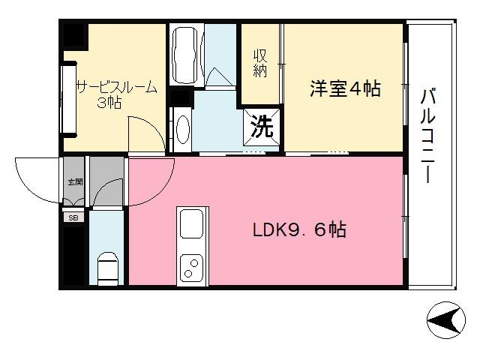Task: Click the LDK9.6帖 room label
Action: tap(298, 230)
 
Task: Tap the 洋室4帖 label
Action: tap(345, 89)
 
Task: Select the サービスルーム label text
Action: tap(116, 87)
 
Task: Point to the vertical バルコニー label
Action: tap(429, 135)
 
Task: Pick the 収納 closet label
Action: tap(259, 63)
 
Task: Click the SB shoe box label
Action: tap(73, 217)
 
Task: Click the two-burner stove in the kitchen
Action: tap(190, 268)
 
